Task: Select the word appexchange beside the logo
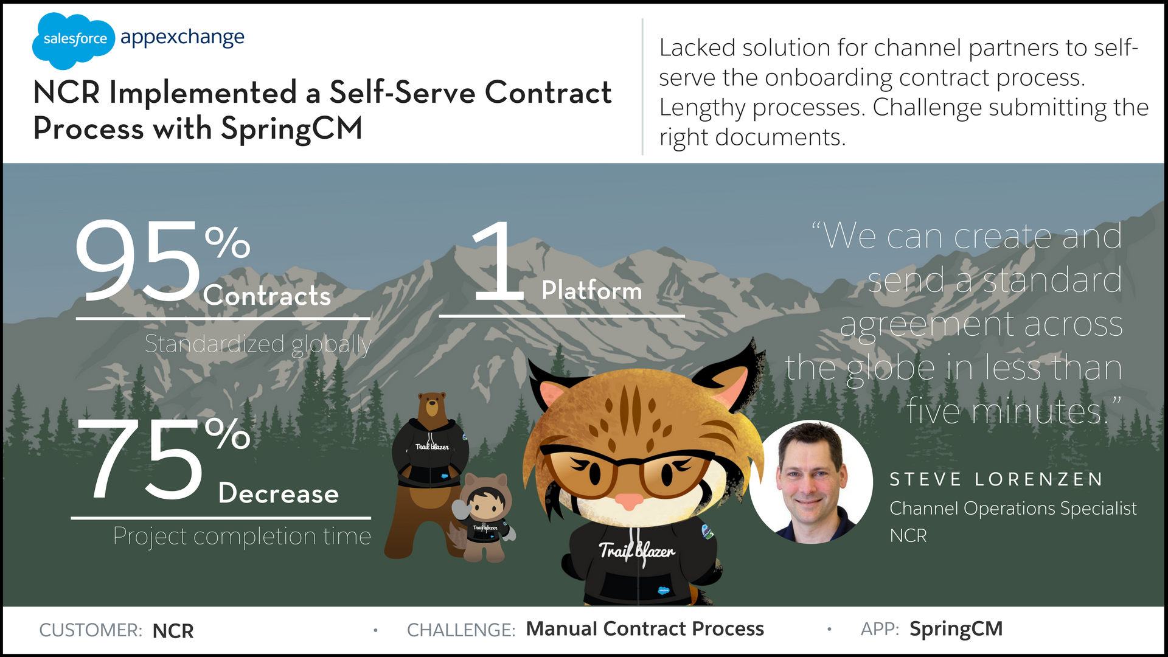pos(182,38)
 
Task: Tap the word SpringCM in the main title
pos(291,130)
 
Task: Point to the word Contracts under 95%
pos(267,296)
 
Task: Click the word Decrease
pos(279,493)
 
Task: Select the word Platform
pos(592,290)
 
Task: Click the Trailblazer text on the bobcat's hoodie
pos(637,551)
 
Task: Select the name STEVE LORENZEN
pos(996,479)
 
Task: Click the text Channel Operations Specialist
pos(1013,509)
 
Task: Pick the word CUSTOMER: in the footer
pos(91,630)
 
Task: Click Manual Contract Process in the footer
pos(645,629)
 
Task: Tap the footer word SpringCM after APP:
pos(956,630)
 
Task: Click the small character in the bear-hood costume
pos(484,517)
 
